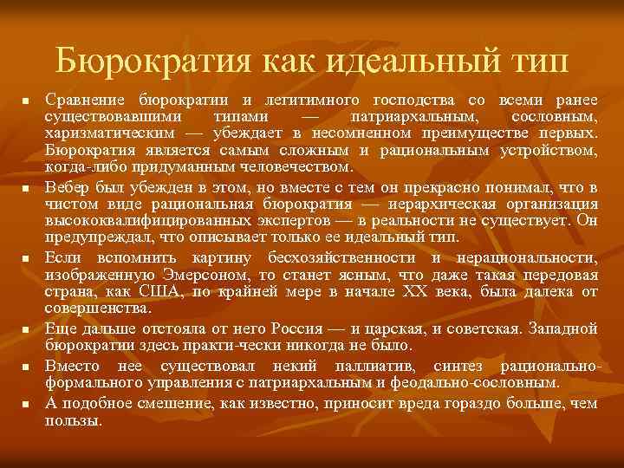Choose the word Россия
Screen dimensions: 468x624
[x=296, y=329]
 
